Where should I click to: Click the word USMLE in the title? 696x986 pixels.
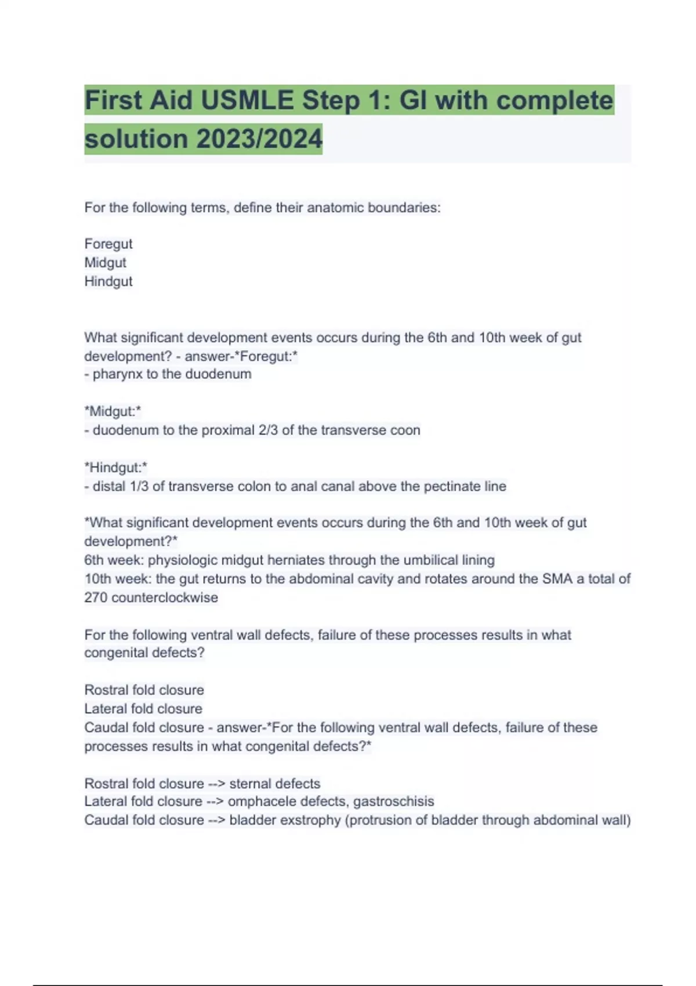247,101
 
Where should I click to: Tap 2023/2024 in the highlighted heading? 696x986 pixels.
259,139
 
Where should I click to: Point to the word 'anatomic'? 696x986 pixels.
333,208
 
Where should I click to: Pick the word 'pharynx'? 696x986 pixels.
118,374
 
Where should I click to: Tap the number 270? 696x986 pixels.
96,597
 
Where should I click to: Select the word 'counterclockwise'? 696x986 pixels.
165,597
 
